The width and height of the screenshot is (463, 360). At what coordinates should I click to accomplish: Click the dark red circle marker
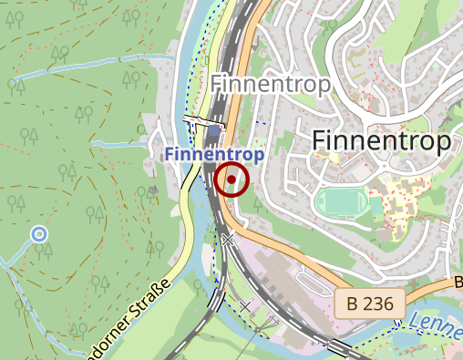click(x=232, y=180)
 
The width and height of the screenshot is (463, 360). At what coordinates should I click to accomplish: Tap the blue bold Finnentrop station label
click(x=215, y=155)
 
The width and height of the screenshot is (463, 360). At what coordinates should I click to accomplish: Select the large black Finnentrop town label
click(x=381, y=141)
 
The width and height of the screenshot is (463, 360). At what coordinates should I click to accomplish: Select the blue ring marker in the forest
click(x=39, y=234)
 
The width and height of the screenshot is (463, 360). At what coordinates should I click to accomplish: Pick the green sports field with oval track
click(x=341, y=201)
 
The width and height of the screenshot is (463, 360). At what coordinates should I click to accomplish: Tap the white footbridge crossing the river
click(x=202, y=119)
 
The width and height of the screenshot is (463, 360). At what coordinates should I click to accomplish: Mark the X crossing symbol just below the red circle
click(x=227, y=239)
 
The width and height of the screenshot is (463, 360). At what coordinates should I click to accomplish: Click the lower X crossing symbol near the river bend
click(x=244, y=306)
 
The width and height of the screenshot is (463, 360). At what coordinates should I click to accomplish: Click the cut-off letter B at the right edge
click(x=458, y=283)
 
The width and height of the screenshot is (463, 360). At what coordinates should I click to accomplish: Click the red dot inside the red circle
click(x=232, y=180)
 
